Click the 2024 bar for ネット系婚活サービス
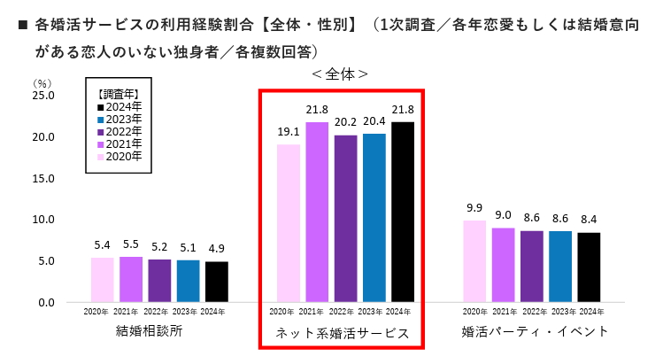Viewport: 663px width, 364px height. coord(403,212)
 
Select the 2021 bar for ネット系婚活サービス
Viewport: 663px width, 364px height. coord(317,212)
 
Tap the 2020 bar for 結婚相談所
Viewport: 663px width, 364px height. coord(103,280)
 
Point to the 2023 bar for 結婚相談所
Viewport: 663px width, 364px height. coord(188,281)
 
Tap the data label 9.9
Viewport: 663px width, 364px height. coord(475,209)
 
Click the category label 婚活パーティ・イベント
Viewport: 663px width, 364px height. coord(535,332)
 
